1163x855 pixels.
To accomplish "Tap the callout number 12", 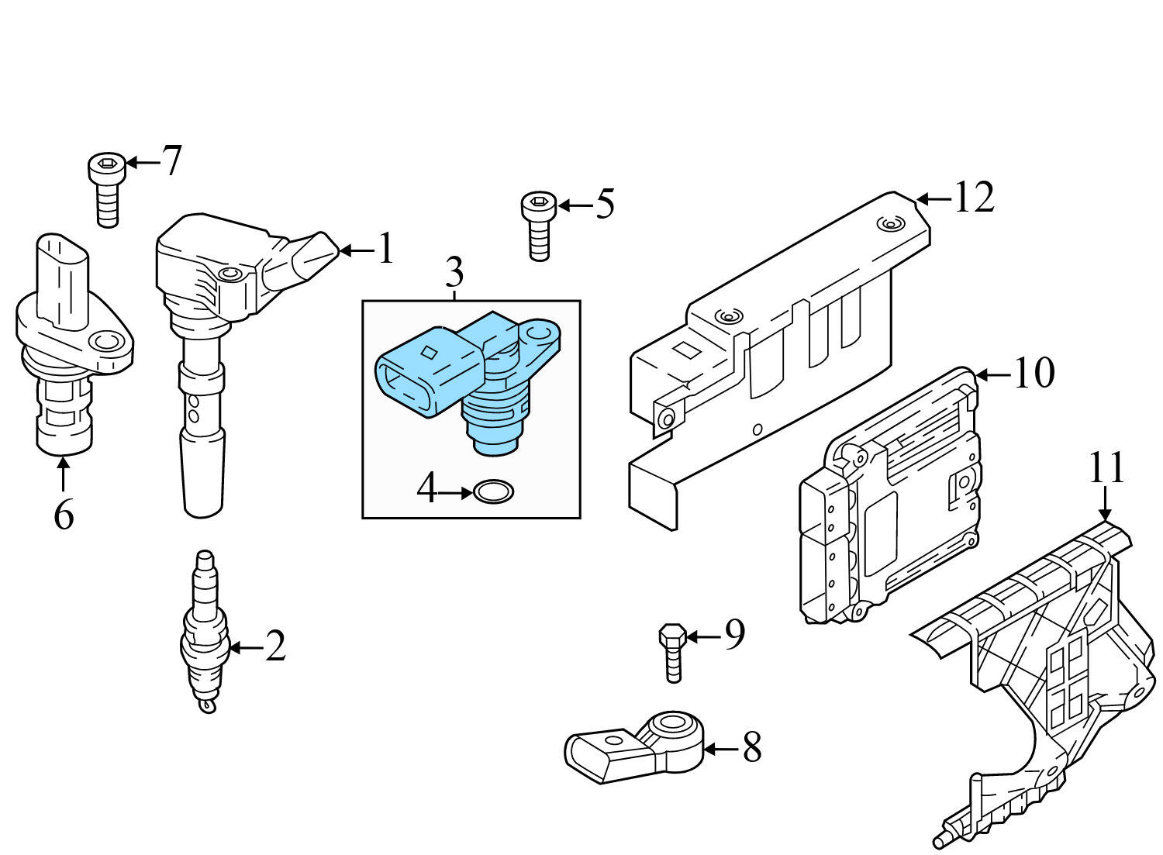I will coord(973,198).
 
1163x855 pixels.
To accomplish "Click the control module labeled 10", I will coord(892,496).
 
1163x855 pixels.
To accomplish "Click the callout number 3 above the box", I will coord(455,273).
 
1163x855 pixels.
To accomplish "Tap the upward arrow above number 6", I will coord(63,473).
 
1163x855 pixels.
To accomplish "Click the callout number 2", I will coord(275,646).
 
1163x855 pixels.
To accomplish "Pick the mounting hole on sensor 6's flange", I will coord(105,342).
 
